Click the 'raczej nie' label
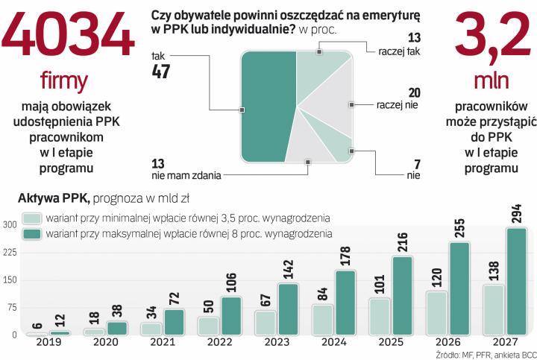tap(398, 105)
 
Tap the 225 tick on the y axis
tap(9, 252)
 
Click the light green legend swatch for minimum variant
tap(32, 218)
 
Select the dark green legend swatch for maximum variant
tap(32, 234)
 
